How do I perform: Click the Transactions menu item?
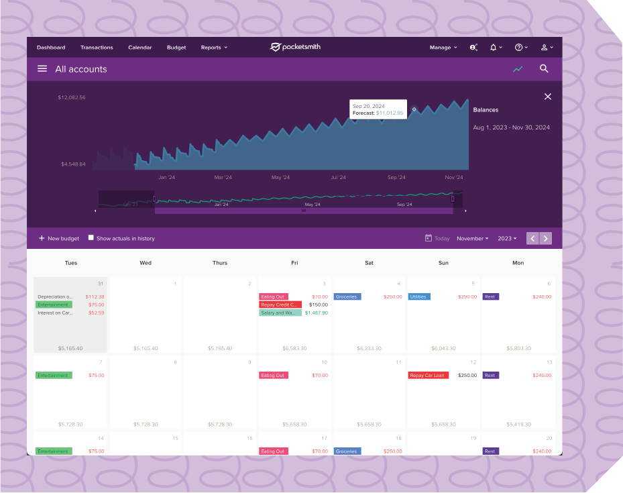click(x=97, y=48)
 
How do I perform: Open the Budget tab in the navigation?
click(x=176, y=48)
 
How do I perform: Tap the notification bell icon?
click(x=494, y=48)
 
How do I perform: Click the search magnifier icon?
click(x=544, y=68)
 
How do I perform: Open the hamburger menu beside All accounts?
click(x=42, y=68)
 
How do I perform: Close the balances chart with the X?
click(x=548, y=97)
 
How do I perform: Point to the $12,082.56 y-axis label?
click(x=72, y=97)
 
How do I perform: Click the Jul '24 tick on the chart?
click(x=338, y=178)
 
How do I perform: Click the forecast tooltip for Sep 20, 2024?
click(x=378, y=109)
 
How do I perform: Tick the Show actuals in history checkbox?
click(x=91, y=238)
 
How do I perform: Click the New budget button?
click(x=59, y=238)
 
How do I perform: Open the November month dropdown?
click(x=473, y=238)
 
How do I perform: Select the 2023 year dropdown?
click(x=507, y=238)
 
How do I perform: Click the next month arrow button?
click(x=546, y=238)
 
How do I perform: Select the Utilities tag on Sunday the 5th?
click(x=419, y=296)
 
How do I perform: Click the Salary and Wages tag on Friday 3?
click(x=280, y=313)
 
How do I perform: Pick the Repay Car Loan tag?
click(x=429, y=376)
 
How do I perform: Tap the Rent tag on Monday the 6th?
click(x=491, y=296)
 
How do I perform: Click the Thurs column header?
click(x=220, y=263)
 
